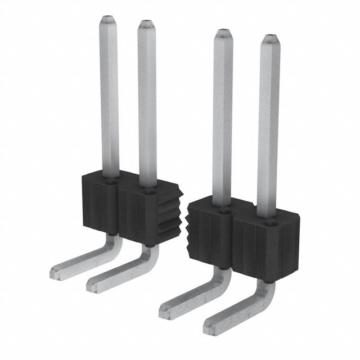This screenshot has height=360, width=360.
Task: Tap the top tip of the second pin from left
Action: (x=146, y=25)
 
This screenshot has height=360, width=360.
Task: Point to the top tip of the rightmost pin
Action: (x=270, y=39)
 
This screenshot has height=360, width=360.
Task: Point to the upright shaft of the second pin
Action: (x=147, y=107)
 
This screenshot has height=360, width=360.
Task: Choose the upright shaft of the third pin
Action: (x=222, y=118)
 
